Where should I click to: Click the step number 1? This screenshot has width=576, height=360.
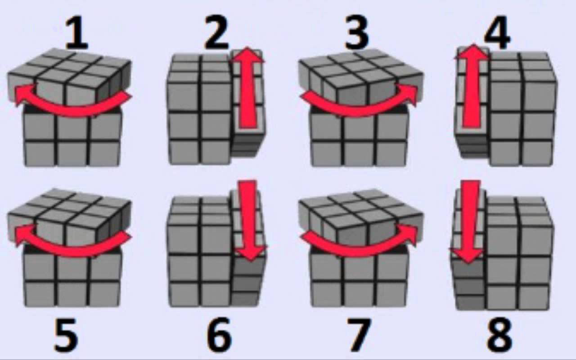coord(77,33)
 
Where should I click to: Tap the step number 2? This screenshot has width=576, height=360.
coord(217,33)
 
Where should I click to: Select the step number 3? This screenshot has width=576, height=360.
coord(356,33)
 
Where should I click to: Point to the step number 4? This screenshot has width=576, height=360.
coord(497,32)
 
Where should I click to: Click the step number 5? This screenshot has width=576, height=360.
coord(66,335)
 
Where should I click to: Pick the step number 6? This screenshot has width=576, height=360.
coord(220,335)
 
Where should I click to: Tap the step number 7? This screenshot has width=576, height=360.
coord(358,335)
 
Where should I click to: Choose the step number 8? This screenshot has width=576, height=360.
coord(499,335)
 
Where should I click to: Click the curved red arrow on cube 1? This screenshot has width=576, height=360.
coord(73,109)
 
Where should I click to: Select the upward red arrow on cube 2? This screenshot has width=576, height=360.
coord(248,88)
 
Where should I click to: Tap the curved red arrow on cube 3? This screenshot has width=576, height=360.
coord(358,109)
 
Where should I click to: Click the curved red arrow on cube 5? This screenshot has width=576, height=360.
coord(73,251)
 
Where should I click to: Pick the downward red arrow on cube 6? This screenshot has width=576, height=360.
coord(250,220)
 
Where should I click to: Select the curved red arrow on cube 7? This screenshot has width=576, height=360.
coord(358,251)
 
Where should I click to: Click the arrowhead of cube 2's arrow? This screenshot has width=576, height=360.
coord(248,55)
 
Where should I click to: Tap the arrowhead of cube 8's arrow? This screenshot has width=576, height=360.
coord(469,256)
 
